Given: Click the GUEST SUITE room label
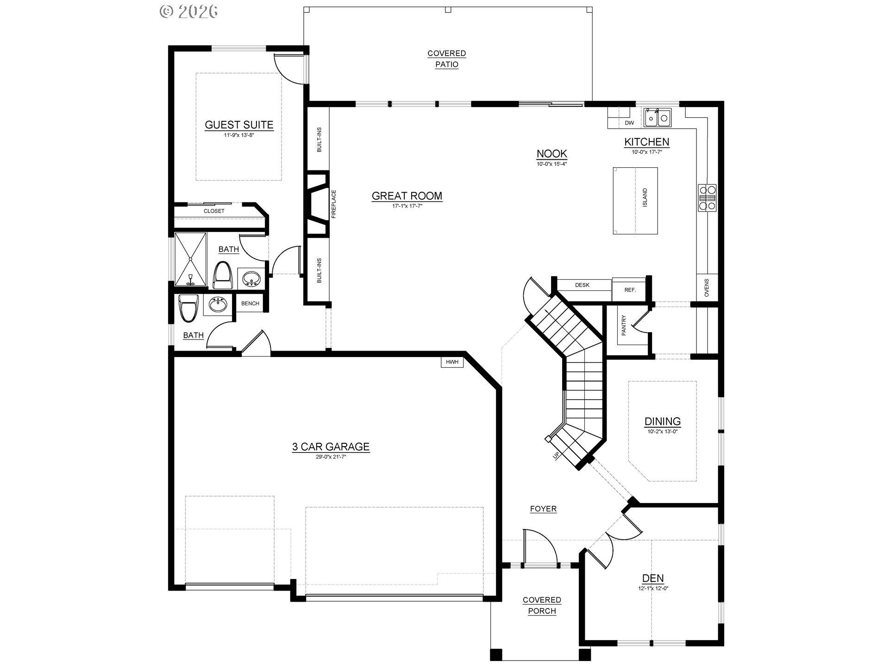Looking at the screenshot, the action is click(239, 125).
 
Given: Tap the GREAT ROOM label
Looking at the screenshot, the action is click(407, 196).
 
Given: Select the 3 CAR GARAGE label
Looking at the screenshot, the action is click(331, 447).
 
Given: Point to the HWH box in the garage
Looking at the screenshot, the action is click(452, 362).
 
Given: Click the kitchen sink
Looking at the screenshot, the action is click(657, 118).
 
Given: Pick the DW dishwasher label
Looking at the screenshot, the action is click(629, 123).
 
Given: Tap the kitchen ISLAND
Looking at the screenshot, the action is click(635, 201).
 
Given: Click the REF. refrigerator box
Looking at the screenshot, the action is click(630, 290).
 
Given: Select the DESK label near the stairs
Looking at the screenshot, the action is click(582, 285).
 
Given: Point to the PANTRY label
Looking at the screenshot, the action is click(624, 325).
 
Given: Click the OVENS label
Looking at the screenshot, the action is click(707, 288).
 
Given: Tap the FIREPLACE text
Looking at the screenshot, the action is click(333, 204).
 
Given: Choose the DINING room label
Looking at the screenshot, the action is click(663, 421).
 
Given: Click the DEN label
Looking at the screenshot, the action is click(653, 578).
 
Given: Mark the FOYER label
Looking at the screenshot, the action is click(543, 509).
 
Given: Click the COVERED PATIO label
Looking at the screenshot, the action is click(447, 59).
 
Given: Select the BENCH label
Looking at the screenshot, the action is click(250, 303).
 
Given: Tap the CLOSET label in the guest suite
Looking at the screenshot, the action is click(214, 211).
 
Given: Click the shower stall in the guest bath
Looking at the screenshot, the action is click(190, 259).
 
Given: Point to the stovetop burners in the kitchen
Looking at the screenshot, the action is click(707, 197).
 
